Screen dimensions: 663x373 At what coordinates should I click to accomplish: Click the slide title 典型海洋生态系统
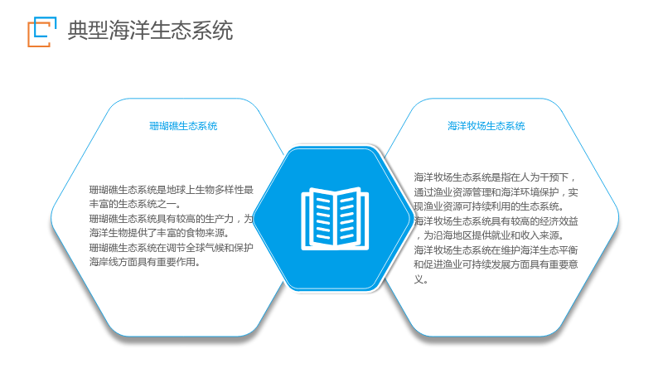(150, 31)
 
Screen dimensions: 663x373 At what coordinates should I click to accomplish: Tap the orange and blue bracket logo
(42, 31)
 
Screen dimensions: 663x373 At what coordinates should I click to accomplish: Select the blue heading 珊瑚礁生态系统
(183, 126)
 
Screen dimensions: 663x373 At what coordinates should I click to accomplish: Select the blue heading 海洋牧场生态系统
(486, 126)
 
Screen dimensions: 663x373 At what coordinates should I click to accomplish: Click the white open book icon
(335, 218)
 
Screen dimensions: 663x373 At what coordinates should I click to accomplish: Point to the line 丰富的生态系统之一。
(135, 204)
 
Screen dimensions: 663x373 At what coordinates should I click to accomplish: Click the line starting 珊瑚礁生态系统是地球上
(172, 190)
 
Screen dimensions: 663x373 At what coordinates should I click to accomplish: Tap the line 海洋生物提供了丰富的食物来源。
(159, 233)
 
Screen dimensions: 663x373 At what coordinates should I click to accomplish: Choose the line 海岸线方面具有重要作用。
(144, 262)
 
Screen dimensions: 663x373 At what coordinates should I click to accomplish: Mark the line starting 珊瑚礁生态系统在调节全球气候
(172, 248)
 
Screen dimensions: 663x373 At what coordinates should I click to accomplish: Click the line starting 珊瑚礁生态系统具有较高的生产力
(172, 219)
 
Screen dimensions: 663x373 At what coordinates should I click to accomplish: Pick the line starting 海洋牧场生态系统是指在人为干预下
(495, 177)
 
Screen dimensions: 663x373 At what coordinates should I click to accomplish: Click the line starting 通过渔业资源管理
(496, 192)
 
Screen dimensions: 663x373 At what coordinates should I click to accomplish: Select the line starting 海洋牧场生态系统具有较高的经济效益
(496, 221)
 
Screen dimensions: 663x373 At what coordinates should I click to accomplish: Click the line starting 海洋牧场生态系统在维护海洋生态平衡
(496, 250)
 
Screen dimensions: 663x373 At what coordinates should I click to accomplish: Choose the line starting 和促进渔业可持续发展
(496, 264)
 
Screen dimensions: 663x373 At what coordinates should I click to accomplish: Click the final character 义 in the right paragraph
(419, 279)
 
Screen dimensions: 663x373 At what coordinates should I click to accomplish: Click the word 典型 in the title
(88, 31)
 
